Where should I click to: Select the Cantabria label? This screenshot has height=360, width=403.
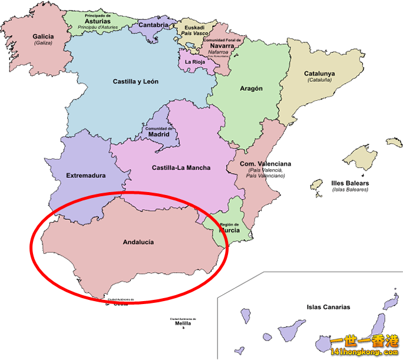click(154, 25)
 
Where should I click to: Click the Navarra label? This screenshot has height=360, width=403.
click(222, 45)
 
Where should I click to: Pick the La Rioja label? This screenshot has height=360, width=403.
click(195, 61)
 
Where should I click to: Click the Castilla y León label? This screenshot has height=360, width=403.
click(136, 81)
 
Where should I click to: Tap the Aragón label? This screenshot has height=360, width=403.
click(251, 88)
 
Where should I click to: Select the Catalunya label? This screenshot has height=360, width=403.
click(319, 74)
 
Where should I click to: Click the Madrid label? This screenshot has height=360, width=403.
click(159, 134)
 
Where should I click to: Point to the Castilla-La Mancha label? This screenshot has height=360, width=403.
click(181, 168)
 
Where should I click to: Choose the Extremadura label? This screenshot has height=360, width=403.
click(86, 176)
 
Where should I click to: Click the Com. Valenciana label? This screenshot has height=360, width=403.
click(265, 164)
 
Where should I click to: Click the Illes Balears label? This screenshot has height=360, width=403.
click(350, 183)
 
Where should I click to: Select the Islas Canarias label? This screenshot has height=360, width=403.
click(328, 307)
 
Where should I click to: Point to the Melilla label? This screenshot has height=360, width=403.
click(183, 323)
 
